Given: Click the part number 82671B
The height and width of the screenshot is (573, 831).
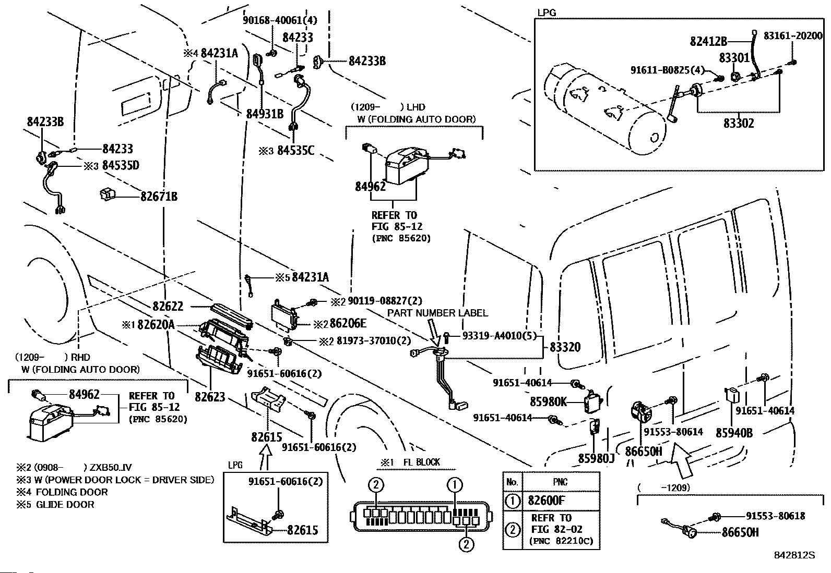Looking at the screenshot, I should [x=159, y=197].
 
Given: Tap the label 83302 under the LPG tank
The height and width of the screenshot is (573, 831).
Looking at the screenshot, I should [x=739, y=124].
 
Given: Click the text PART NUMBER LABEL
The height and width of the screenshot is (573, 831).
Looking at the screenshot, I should [x=437, y=313].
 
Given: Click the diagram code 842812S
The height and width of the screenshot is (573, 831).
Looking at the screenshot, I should [x=795, y=555].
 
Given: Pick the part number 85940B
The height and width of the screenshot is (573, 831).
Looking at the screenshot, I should [x=734, y=433].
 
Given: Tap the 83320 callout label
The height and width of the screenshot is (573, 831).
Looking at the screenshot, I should [x=565, y=347].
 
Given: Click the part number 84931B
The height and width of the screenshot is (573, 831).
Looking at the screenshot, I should [x=265, y=113].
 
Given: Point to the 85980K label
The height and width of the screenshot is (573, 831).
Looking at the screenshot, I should [x=548, y=402].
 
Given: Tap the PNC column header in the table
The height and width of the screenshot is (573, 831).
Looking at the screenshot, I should [x=560, y=482].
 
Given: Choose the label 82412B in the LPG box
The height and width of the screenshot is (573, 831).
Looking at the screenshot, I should [x=708, y=41].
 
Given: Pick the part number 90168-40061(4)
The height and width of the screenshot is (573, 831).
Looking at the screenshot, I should [x=280, y=21].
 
